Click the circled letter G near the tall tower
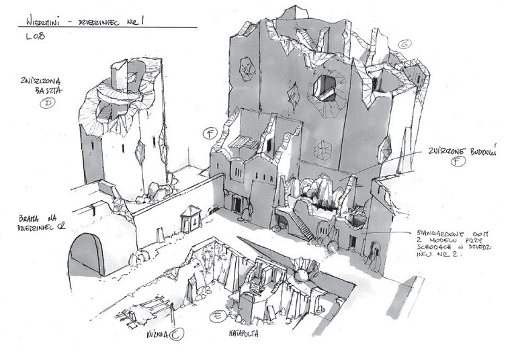click(x=404, y=44)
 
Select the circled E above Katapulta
click(x=216, y=316)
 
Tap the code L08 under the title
click(x=34, y=36)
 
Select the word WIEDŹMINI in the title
click(x=39, y=19)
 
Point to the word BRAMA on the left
click(x=34, y=218)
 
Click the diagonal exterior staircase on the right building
click(x=300, y=225)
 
